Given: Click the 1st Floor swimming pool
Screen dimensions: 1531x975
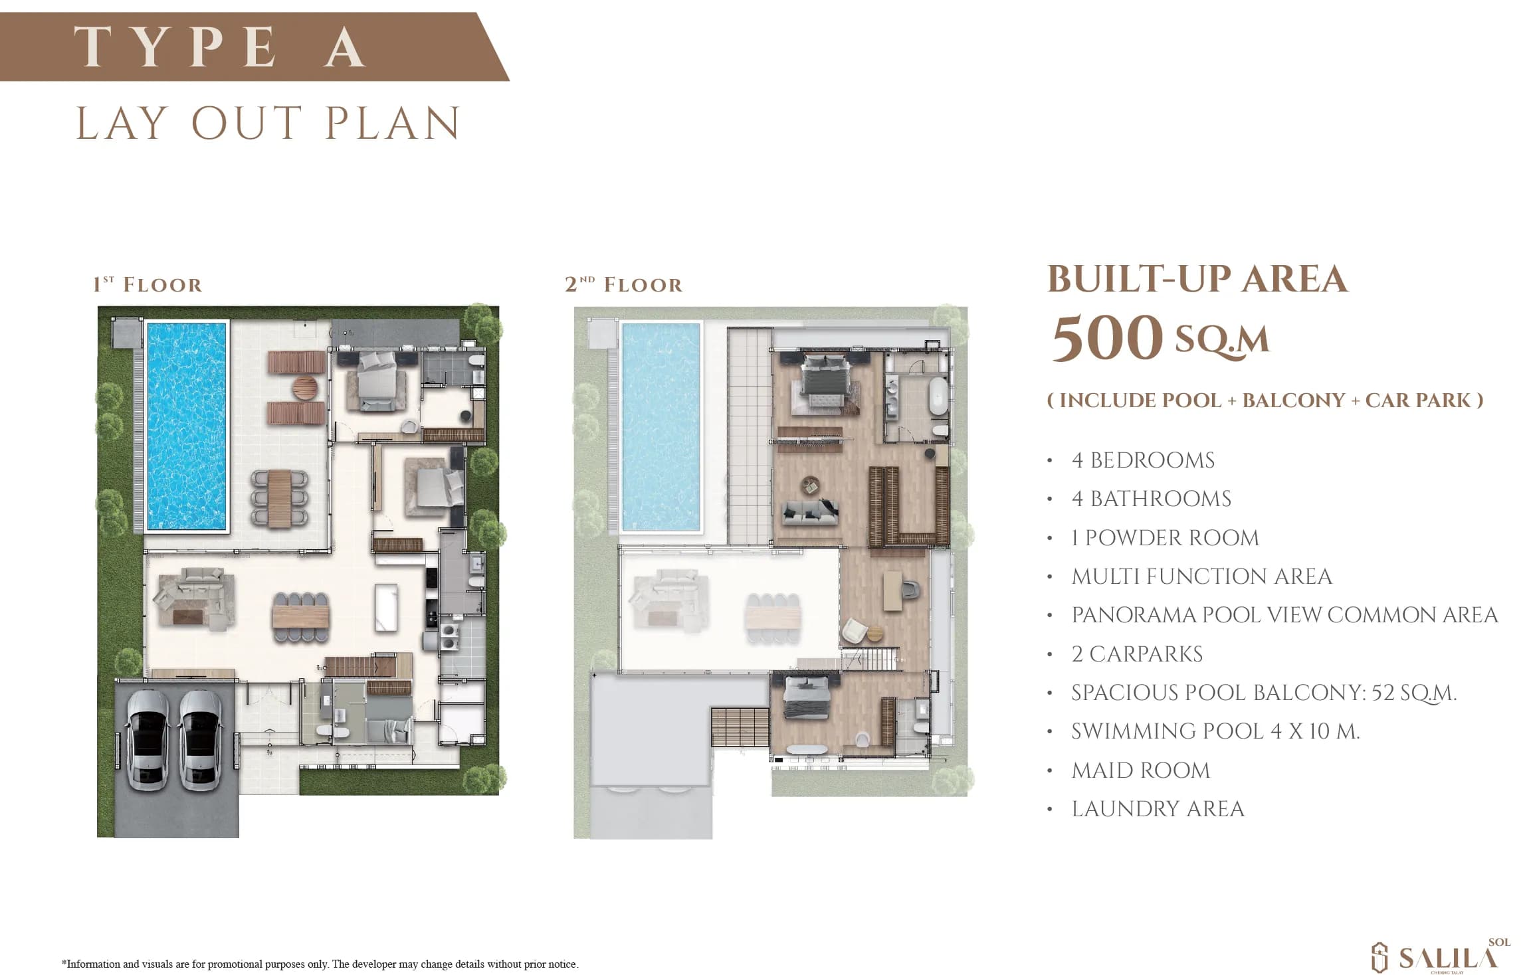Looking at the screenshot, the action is [x=186, y=426].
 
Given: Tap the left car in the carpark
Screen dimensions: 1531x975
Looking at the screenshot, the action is [x=148, y=741].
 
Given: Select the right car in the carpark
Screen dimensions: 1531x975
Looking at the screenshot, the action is [x=200, y=741].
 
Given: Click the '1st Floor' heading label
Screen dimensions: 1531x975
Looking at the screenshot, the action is [x=148, y=285].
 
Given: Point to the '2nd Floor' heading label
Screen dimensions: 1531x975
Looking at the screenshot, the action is [x=623, y=285].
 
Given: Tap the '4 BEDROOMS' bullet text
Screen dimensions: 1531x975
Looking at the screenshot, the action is [x=1143, y=460].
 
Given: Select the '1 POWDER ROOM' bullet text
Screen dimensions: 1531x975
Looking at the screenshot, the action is [x=1166, y=538].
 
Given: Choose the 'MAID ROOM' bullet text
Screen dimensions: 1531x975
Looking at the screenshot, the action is [x=1141, y=770].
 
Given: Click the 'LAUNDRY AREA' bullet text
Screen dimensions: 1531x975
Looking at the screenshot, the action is [x=1158, y=809].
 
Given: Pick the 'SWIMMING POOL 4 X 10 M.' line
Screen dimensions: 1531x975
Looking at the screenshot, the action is [x=1216, y=731].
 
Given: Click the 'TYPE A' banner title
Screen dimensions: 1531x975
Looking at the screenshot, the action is [x=220, y=46].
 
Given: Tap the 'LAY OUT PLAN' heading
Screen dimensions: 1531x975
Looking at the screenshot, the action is [x=268, y=124].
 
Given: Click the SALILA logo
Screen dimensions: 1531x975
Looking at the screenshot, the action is [x=1441, y=956].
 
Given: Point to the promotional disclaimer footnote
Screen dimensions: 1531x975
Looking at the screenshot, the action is [x=320, y=964].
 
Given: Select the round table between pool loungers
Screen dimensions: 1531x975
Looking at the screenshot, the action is [x=306, y=389].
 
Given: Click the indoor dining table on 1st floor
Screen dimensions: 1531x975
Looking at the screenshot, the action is [x=300, y=618].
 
